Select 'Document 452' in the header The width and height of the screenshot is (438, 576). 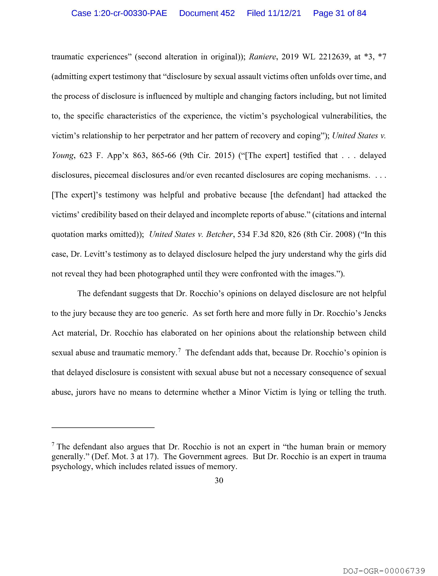207,13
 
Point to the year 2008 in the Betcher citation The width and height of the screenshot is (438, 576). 344,234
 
